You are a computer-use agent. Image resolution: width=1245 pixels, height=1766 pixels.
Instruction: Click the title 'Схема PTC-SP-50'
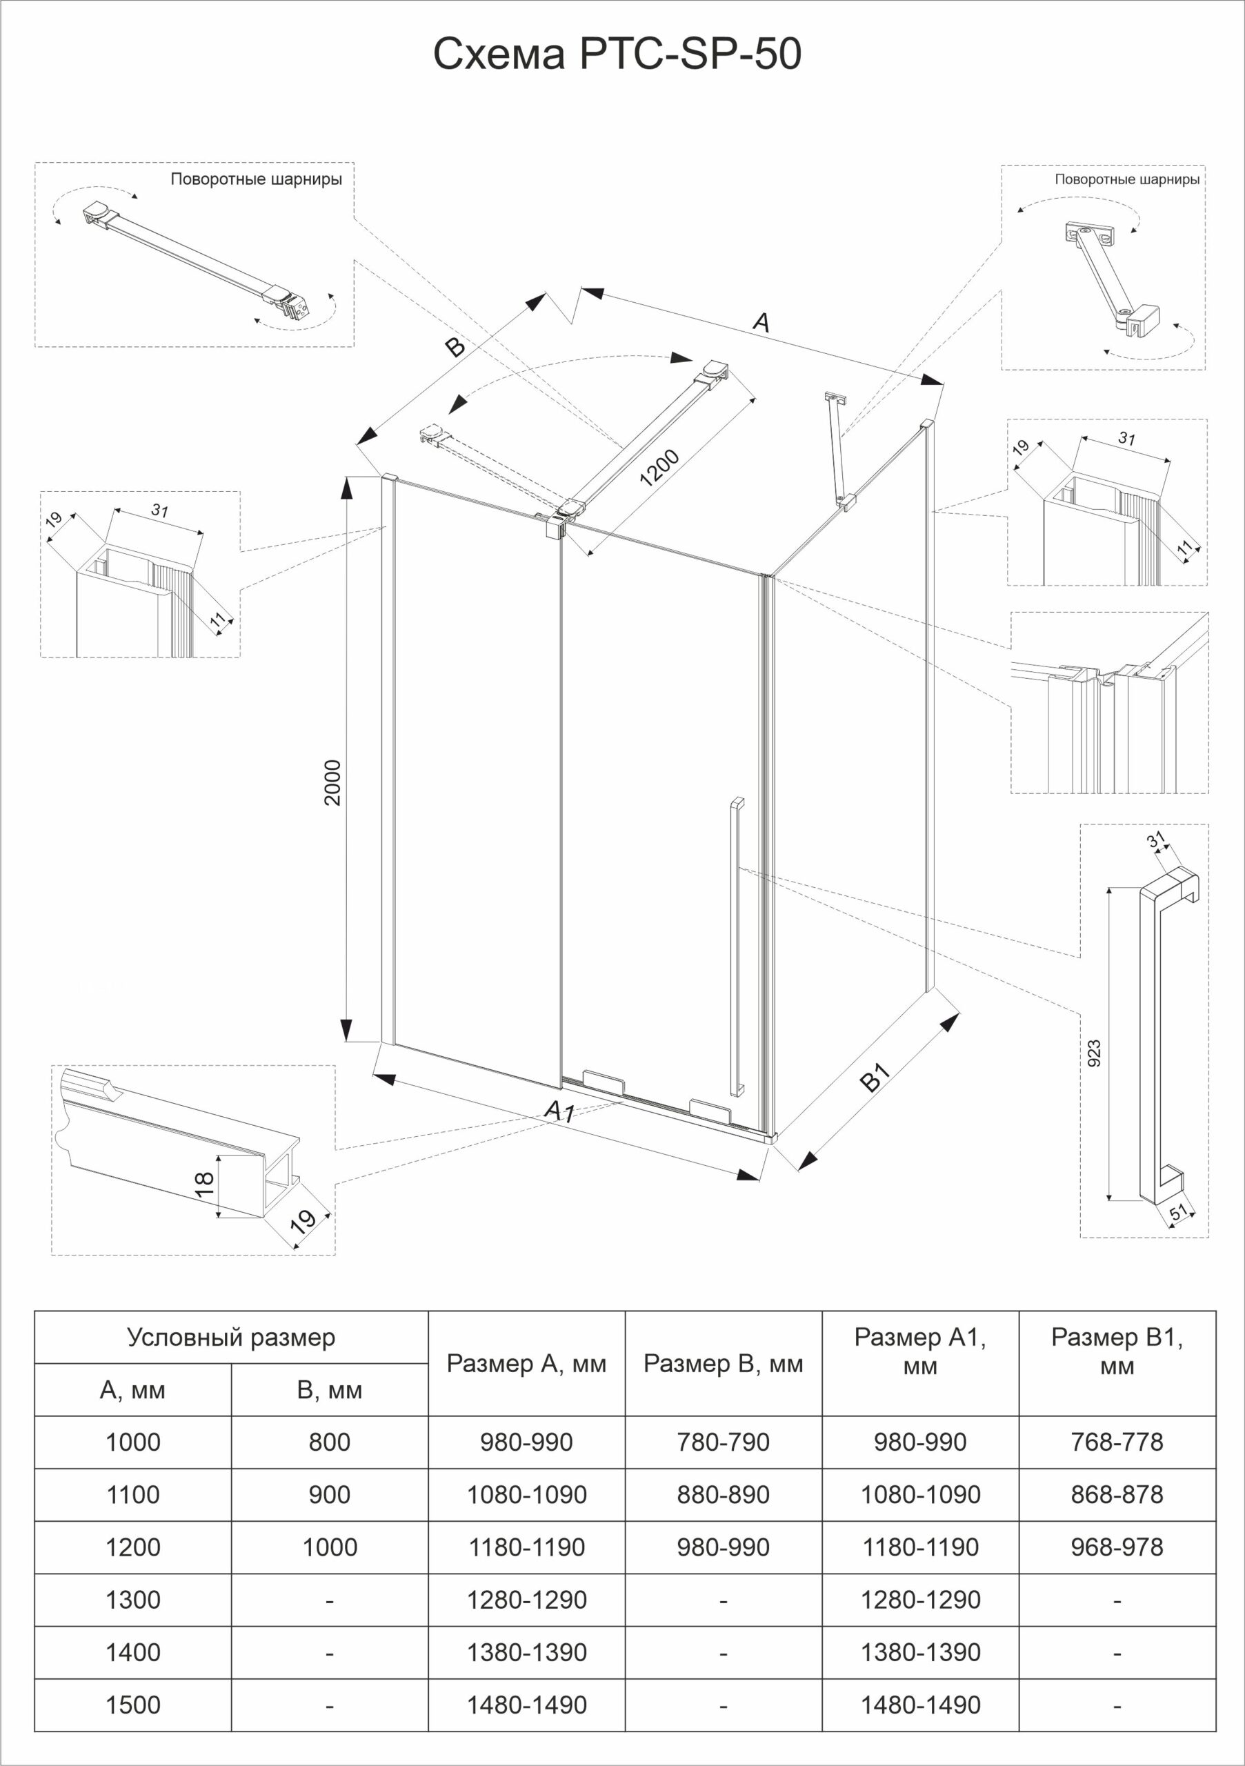617,54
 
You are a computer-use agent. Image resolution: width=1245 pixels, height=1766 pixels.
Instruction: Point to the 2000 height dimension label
332,782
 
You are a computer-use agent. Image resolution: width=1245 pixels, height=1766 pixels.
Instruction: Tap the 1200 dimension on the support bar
659,468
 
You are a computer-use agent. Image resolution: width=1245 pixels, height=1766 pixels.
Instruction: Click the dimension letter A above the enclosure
761,322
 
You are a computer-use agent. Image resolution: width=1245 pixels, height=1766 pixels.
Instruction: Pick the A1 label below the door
559,1111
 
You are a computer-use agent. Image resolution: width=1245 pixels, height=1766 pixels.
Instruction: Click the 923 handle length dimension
1095,1053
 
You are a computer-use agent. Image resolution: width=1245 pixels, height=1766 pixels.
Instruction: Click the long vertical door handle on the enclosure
737,946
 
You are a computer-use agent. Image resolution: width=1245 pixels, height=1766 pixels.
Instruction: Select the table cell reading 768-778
1117,1441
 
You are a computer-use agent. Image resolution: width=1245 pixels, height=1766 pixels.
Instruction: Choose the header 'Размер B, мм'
723,1364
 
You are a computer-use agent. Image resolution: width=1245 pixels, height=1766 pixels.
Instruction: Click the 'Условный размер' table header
230,1338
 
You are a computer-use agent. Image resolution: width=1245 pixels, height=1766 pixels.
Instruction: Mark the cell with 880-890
723,1494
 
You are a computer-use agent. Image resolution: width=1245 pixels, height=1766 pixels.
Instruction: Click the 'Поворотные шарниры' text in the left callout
256,180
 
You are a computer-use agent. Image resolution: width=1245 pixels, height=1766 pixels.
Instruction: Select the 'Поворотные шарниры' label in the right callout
1126,180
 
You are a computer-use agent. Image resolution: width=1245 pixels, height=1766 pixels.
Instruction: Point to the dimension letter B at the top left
455,348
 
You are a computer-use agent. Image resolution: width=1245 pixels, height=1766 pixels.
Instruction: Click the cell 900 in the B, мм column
329,1494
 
